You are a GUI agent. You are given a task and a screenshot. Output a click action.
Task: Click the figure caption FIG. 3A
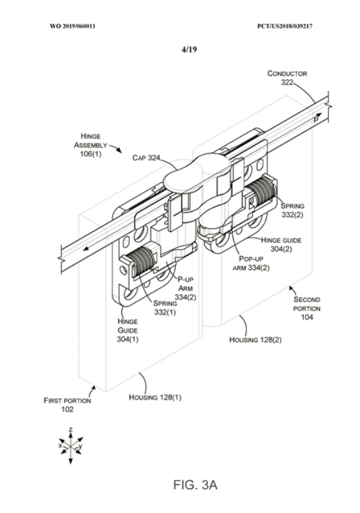195,485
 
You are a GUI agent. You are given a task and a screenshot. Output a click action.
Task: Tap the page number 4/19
189,49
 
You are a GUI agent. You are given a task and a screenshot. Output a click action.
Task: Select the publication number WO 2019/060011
73,26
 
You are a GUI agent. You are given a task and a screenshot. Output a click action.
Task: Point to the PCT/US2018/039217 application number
285,26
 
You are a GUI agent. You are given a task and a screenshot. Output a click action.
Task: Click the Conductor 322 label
287,77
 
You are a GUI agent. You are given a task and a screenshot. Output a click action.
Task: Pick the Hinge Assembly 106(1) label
90,145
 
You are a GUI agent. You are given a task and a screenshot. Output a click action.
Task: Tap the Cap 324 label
146,158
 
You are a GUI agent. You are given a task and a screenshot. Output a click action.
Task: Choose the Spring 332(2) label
292,210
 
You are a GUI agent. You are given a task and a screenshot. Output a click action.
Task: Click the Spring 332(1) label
165,308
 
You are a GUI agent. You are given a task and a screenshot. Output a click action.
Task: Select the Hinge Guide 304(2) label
281,244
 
